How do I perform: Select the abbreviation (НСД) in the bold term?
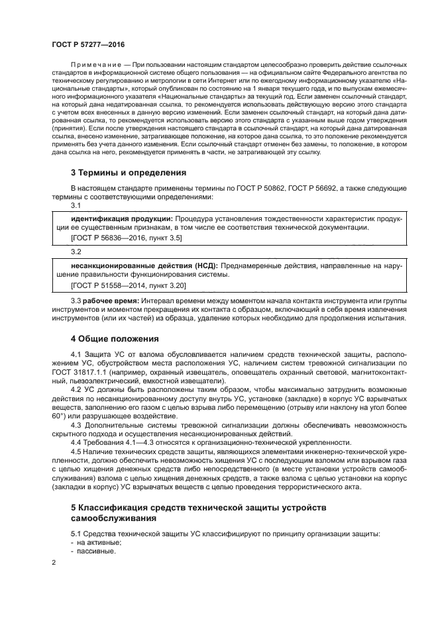tap(206, 265)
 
